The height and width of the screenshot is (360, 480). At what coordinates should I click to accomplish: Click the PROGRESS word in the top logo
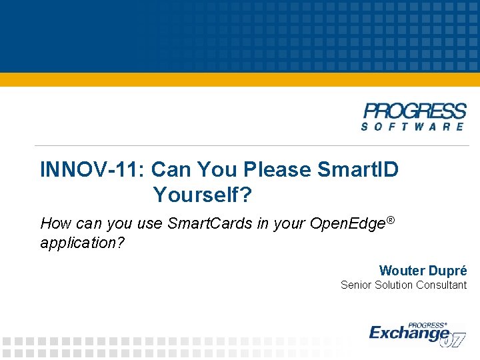pyautogui.click(x=414, y=111)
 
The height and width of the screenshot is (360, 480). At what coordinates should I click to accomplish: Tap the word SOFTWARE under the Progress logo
pyautogui.click(x=413, y=126)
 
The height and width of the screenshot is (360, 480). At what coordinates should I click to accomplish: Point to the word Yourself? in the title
pyautogui.click(x=203, y=195)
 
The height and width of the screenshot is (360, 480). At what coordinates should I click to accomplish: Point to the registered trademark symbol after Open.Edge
pyautogui.click(x=391, y=219)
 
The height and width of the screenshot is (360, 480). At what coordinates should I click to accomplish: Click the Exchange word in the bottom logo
pyautogui.click(x=409, y=331)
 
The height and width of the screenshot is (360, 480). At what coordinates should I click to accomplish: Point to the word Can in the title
pyautogui.click(x=171, y=170)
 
